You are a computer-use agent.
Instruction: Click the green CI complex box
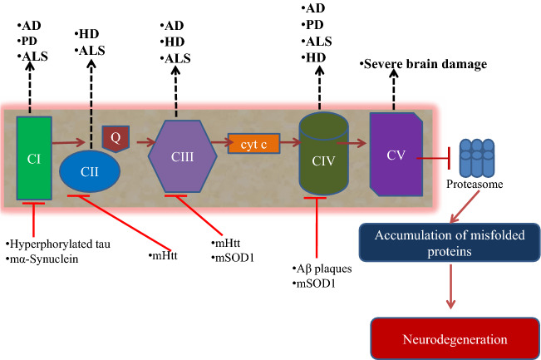(34, 158)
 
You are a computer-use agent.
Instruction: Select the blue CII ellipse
(90, 171)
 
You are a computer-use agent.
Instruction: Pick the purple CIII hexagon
(183, 156)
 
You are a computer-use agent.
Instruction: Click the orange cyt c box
(253, 144)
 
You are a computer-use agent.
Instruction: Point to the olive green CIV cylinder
(323, 153)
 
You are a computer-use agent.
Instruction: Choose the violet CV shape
(396, 155)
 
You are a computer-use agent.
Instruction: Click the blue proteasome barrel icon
(477, 158)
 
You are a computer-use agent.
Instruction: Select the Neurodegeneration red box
(455, 338)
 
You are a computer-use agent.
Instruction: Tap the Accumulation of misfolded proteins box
(450, 243)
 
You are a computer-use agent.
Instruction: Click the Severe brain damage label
(423, 64)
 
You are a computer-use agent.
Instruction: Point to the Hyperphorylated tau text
(58, 244)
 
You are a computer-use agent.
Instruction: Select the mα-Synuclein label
(42, 259)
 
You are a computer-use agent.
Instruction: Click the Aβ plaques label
(322, 269)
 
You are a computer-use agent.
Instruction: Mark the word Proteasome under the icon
(475, 184)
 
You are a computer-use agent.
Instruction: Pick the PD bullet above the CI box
(27, 41)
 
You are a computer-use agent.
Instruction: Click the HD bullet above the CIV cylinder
(313, 57)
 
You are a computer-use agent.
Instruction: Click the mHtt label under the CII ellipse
(163, 256)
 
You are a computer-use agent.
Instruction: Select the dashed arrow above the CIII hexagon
(176, 91)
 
